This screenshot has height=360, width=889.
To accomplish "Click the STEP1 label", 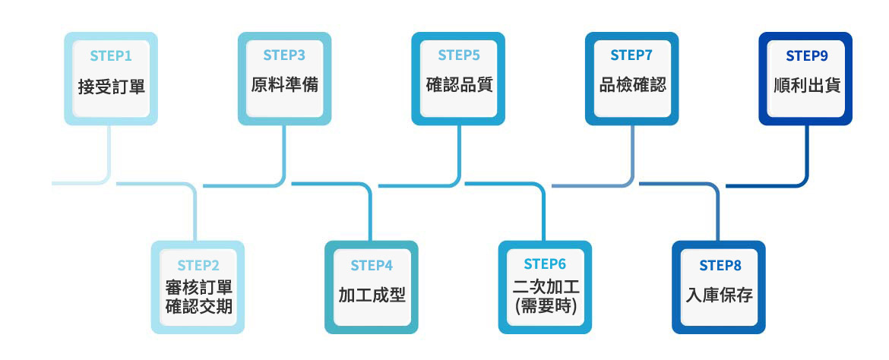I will [x=111, y=55].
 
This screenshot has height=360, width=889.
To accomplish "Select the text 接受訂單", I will [x=111, y=86].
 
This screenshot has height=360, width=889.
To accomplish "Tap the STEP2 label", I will [x=198, y=265].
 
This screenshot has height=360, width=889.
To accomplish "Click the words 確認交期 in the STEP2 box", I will [x=198, y=308].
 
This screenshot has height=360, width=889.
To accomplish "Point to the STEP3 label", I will [x=284, y=55].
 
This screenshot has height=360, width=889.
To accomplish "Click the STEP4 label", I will [x=372, y=265].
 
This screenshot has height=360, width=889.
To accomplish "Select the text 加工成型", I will [x=372, y=295].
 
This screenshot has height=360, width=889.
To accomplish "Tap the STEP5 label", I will [x=459, y=55].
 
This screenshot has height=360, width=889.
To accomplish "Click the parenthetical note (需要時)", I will [x=545, y=307].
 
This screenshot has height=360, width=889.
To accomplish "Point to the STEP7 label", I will [x=631, y=55].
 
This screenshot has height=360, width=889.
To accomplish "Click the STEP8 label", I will [x=720, y=265].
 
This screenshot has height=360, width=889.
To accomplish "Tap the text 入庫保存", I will [x=720, y=295].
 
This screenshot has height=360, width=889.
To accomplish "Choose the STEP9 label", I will [x=806, y=55].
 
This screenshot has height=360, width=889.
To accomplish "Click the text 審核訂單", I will [x=198, y=289].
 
